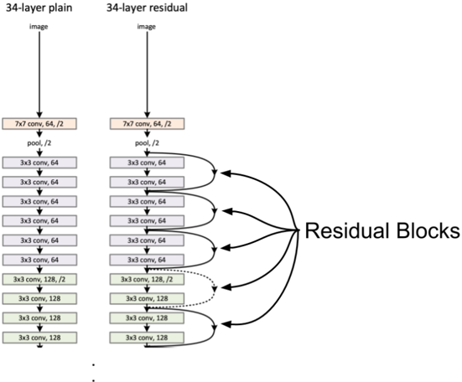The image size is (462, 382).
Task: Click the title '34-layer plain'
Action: pyautogui.click(x=39, y=8)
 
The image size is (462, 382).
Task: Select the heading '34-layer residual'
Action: pyautogui.click(x=147, y=8)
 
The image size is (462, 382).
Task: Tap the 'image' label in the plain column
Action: pyautogui.click(x=39, y=27)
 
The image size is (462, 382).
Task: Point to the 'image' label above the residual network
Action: pyautogui.click(x=147, y=27)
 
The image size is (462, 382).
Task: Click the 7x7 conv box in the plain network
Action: pyautogui.click(x=39, y=124)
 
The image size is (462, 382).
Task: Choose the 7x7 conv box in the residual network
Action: pyautogui.click(x=148, y=124)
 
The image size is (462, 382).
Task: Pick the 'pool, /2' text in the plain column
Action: pyautogui.click(x=39, y=143)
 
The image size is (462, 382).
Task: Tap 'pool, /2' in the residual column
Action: pyautogui.click(x=147, y=143)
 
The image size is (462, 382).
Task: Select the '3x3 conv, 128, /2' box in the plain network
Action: pyautogui.click(x=39, y=279)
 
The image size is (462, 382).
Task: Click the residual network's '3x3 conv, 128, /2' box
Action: pyautogui.click(x=147, y=279)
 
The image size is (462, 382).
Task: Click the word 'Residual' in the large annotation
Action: pyautogui.click(x=348, y=230)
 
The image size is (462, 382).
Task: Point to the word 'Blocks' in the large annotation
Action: pyautogui.click(x=428, y=230)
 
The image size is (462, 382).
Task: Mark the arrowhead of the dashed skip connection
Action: pyautogui.click(x=215, y=289)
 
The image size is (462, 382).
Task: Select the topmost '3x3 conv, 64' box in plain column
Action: pyautogui.click(x=39, y=163)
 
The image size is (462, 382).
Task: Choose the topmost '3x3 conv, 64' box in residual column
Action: pyautogui.click(x=147, y=163)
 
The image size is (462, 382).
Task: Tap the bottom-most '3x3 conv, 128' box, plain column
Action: pyautogui.click(x=39, y=338)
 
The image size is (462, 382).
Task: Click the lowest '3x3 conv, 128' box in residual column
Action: pyautogui.click(x=147, y=338)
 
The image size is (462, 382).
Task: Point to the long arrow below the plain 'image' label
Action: pyautogui.click(x=39, y=75)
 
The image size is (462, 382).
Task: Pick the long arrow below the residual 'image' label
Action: pyautogui.click(x=148, y=75)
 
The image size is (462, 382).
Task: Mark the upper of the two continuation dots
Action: pyautogui.click(x=93, y=365)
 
